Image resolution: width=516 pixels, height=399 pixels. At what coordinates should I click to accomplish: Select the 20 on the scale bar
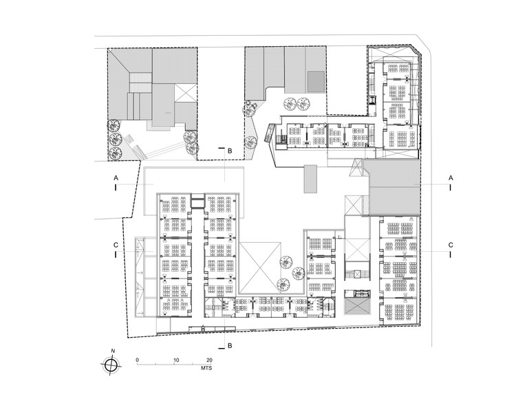tap(209, 360)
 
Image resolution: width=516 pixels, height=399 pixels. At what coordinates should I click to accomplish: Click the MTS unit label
tap(205, 371)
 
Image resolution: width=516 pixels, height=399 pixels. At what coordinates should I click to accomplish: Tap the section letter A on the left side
tap(116, 177)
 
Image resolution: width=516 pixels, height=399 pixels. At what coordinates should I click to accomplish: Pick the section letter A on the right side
tap(451, 177)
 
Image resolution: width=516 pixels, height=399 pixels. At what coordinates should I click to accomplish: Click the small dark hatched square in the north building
tap(314, 80)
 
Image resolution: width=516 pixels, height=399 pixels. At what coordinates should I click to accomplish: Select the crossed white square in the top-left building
tap(186, 91)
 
